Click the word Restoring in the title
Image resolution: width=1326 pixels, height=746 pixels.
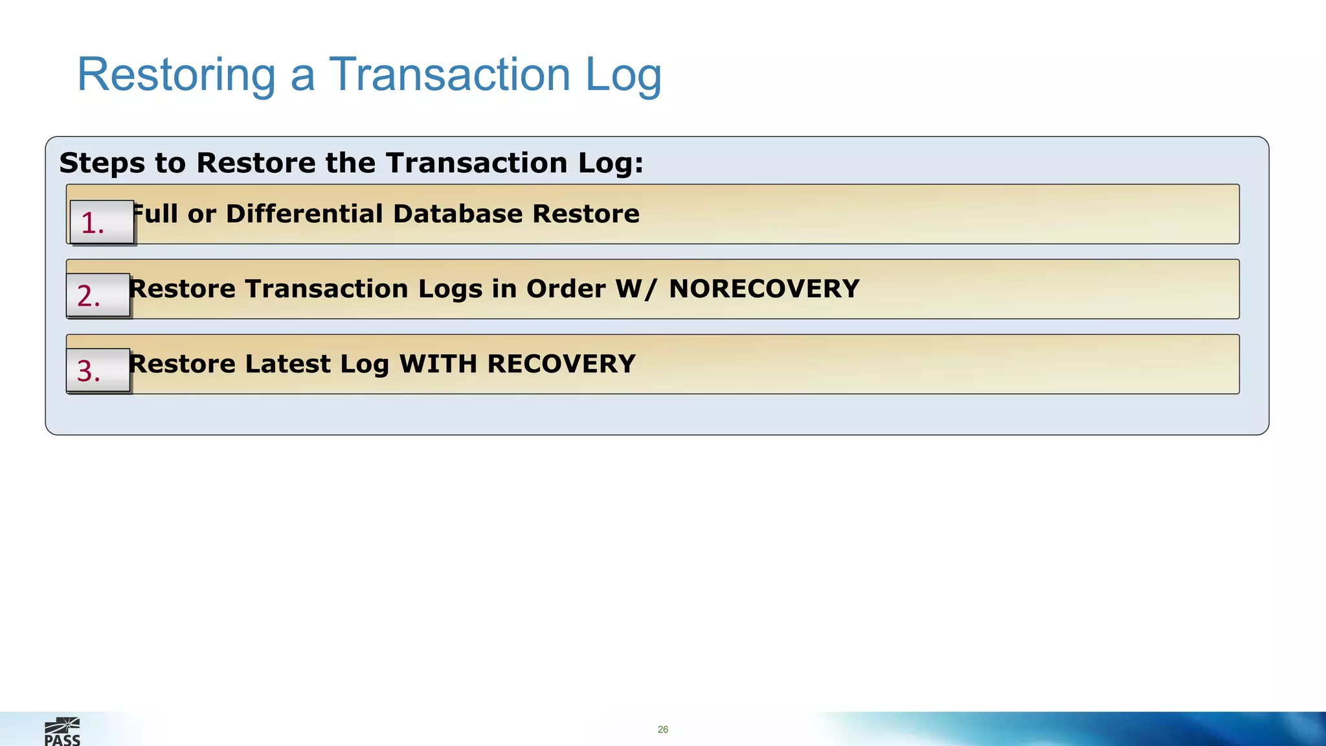pos(176,74)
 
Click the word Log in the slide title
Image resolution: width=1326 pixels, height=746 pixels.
pos(623,74)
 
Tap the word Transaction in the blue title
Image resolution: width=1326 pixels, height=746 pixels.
pos(450,74)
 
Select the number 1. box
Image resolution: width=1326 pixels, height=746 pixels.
pos(102,222)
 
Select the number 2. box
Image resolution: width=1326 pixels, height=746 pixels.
pos(98,295)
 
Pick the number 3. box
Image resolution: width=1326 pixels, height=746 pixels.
pos(98,370)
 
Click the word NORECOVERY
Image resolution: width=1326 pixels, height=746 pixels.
pos(764,289)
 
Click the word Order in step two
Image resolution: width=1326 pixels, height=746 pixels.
pos(566,289)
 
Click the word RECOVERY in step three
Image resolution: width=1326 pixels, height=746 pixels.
pos(561,364)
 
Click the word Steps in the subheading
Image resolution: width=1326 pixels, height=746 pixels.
pos(102,163)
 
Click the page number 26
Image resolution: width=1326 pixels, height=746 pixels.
pos(662,729)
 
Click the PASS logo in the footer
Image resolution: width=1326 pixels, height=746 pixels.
pos(62,732)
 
